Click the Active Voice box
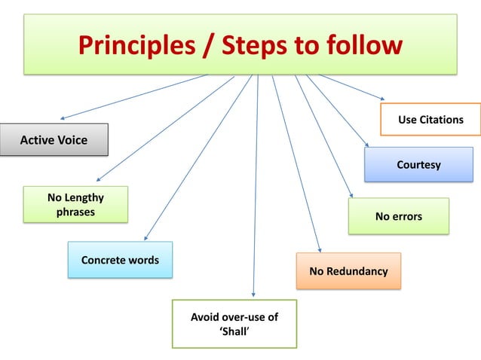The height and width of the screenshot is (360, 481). pos(54,140)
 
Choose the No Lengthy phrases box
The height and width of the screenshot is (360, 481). pos(75,204)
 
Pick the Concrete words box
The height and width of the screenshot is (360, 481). pos(120,260)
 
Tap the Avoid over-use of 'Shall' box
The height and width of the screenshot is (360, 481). pos(234,324)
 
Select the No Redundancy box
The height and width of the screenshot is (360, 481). pos(348,271)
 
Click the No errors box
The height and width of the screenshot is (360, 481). pos(398,216)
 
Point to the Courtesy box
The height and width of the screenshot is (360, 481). pos(418,164)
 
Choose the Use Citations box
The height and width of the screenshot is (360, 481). pos(430,120)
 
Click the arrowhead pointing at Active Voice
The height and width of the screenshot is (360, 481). pos(63,118)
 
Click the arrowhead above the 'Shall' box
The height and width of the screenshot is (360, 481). pos(253,294)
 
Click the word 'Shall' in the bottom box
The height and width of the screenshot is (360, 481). pos(234,331)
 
